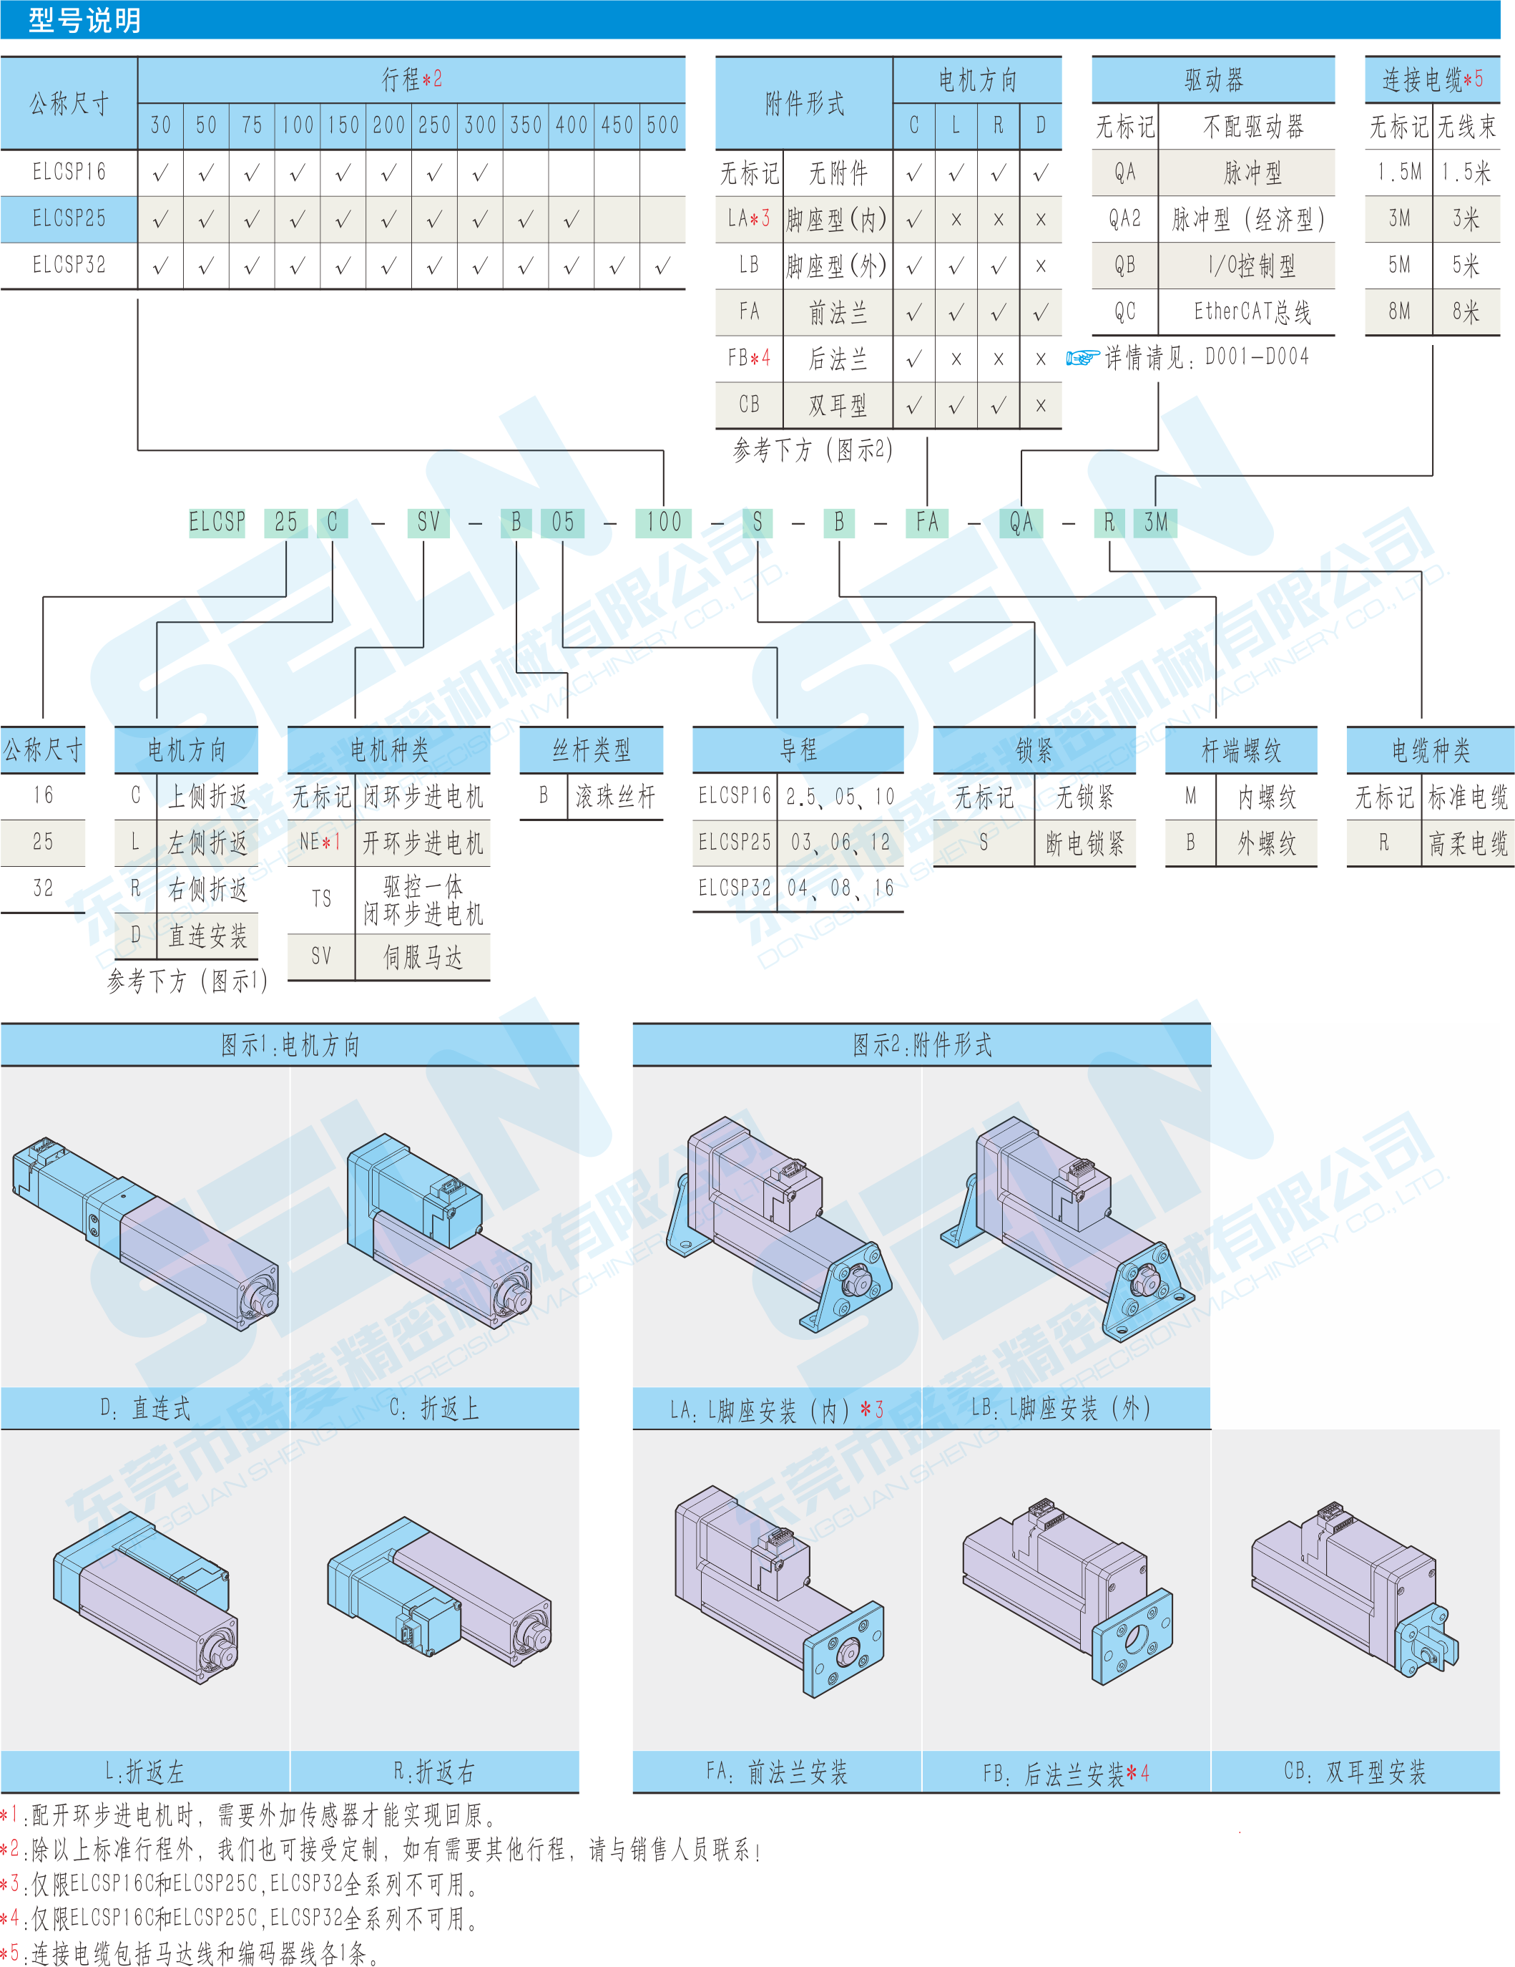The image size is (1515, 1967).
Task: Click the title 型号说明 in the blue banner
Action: pos(84,20)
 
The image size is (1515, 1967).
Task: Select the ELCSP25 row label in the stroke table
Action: pos(69,219)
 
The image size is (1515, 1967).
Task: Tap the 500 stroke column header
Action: pos(662,125)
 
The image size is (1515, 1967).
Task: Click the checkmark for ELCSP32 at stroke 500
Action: pos(662,266)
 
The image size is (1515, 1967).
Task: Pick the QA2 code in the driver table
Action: pos(1124,219)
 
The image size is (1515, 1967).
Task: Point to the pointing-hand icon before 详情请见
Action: pos(1082,359)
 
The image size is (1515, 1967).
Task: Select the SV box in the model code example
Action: pos(428,523)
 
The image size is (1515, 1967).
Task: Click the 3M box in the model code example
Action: pos(1156,523)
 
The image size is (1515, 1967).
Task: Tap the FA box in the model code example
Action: pos(926,523)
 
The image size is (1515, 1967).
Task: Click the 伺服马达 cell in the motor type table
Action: pos(422,956)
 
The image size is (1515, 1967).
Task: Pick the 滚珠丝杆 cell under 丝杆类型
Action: pos(615,796)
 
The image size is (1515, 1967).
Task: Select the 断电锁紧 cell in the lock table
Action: pos(1084,843)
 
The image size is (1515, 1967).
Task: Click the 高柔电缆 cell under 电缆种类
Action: pos(1467,843)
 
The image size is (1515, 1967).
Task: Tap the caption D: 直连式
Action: pos(145,1409)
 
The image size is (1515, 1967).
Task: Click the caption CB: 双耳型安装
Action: pos(1355,1772)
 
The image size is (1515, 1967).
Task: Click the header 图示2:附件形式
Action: pos(922,1045)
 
